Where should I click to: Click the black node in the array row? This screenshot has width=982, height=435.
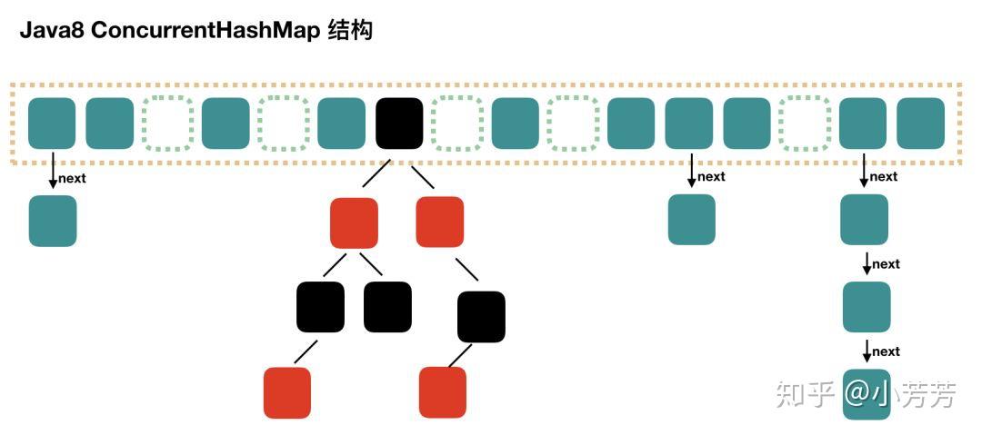[399, 123]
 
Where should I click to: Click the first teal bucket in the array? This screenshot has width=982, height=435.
[52, 123]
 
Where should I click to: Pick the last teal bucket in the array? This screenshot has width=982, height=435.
[920, 123]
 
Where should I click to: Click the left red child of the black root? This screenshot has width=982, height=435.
[354, 222]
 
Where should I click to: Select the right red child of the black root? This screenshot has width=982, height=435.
[440, 222]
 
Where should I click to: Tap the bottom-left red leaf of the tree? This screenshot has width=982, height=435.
[287, 392]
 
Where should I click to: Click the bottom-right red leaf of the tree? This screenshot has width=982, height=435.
[443, 392]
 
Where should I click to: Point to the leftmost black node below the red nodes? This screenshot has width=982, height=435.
[320, 307]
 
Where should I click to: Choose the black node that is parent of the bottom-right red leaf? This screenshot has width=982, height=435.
[481, 316]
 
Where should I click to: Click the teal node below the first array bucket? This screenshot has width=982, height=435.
[53, 221]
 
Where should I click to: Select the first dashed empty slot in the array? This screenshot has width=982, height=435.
[168, 123]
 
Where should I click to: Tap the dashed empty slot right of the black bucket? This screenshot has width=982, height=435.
[457, 123]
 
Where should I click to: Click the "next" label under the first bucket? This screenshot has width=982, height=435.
[72, 178]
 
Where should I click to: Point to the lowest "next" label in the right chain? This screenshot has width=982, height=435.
[886, 351]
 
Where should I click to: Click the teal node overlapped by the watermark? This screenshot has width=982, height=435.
[867, 393]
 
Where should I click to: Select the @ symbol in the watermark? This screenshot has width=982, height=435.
[857, 393]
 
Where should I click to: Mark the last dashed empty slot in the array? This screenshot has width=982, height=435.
[805, 123]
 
